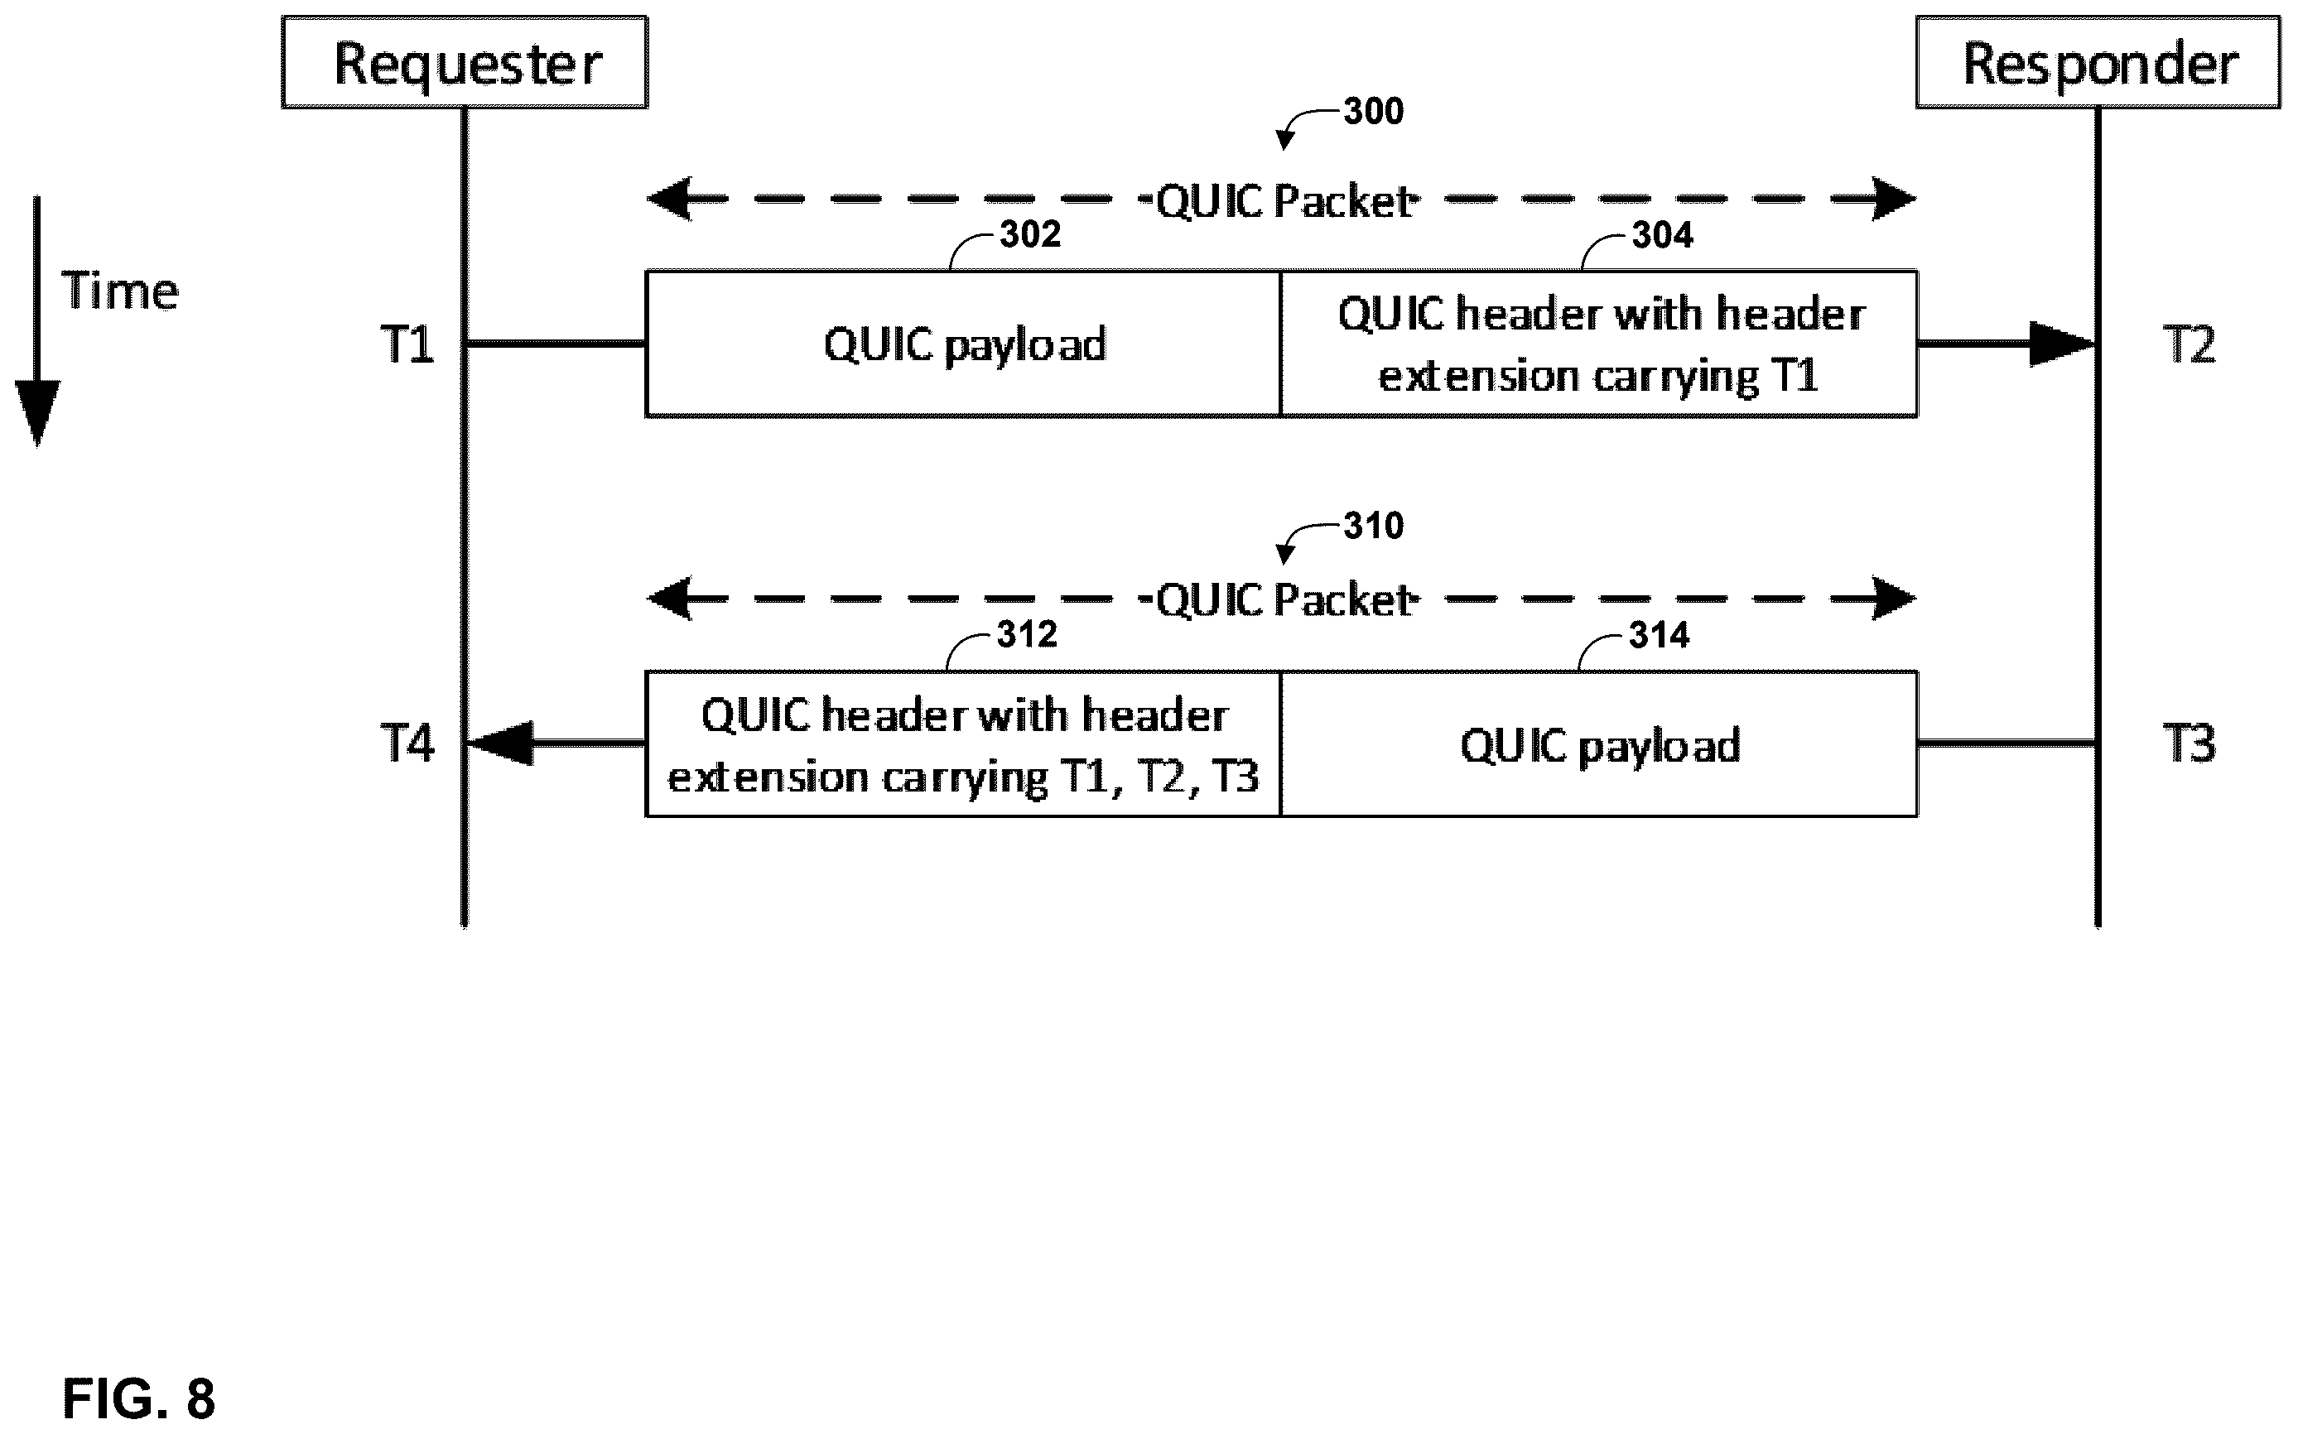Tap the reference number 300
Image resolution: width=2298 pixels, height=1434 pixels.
(x=1373, y=112)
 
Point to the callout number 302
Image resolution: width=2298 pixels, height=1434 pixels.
(x=1030, y=234)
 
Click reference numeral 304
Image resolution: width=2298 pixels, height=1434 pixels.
(x=1663, y=235)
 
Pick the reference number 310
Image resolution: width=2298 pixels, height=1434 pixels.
(x=1373, y=527)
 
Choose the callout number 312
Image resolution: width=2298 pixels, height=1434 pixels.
(x=1027, y=634)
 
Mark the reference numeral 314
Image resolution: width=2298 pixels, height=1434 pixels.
(x=1660, y=635)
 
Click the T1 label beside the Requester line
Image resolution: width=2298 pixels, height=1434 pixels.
(x=407, y=344)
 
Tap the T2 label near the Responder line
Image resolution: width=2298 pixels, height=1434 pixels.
(x=2189, y=344)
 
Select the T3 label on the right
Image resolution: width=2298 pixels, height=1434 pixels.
(x=2189, y=743)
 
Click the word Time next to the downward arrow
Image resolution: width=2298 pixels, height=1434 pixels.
(x=119, y=291)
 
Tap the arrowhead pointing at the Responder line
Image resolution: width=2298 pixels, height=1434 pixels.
(x=2061, y=344)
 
